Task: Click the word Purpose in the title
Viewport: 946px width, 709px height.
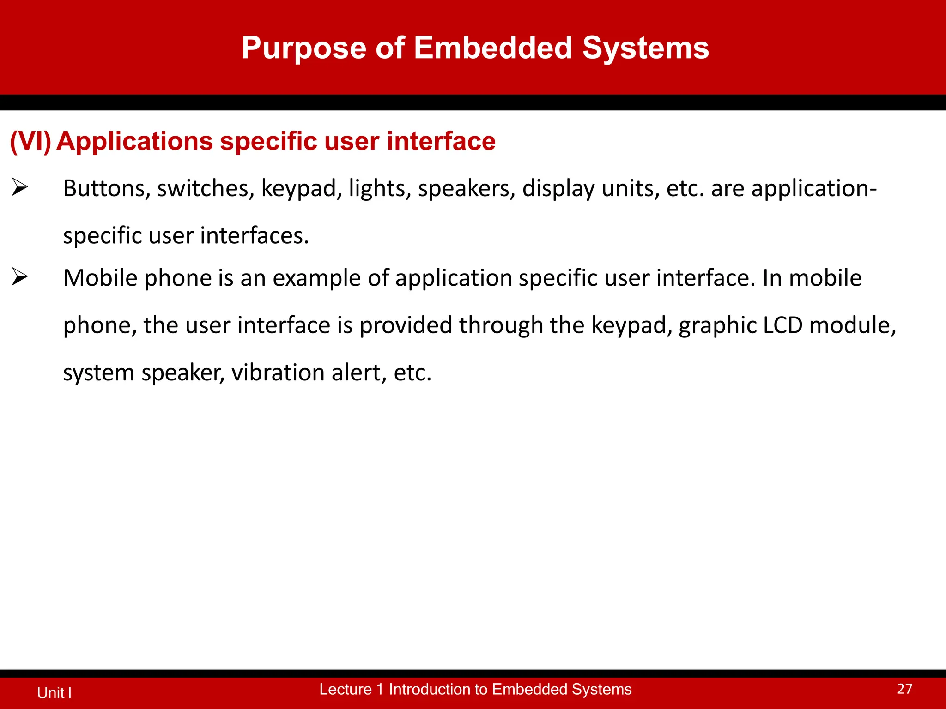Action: tap(304, 48)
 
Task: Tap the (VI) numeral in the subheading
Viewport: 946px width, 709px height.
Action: tap(30, 141)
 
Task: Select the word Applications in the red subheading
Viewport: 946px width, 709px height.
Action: tap(134, 141)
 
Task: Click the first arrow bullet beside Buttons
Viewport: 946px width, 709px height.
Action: tap(20, 187)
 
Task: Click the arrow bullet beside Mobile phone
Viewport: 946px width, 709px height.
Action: tap(20, 277)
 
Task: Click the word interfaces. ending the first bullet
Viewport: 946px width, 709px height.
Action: tap(254, 235)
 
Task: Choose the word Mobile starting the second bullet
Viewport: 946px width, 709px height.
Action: tap(100, 278)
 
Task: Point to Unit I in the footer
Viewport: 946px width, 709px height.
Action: tap(54, 692)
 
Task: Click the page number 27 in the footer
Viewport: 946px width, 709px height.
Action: tap(904, 689)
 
